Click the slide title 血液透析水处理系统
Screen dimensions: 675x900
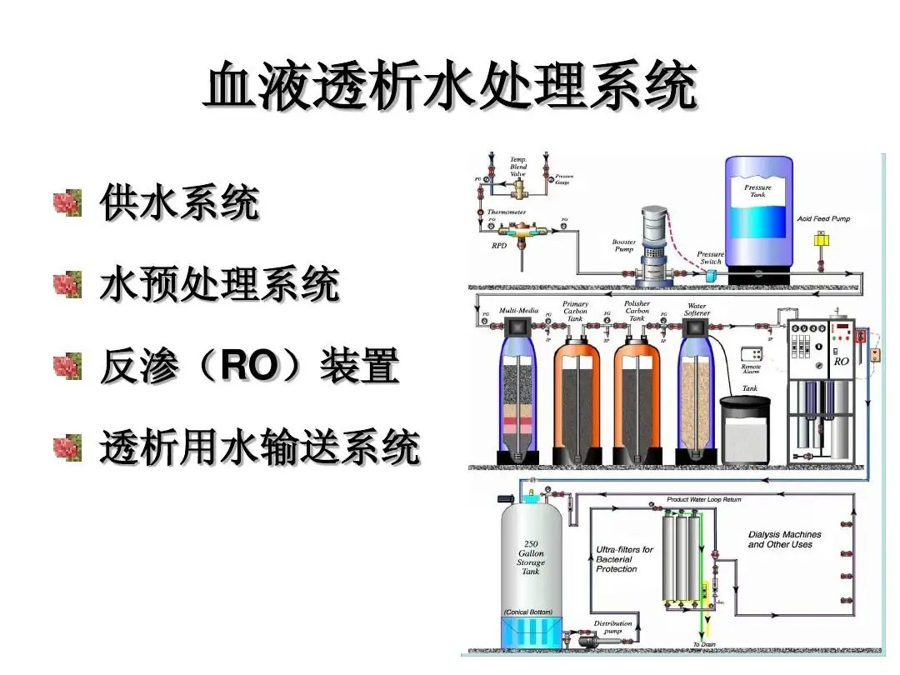click(x=450, y=86)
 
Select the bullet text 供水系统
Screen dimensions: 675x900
click(x=179, y=202)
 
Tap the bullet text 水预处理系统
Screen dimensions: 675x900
click(x=219, y=285)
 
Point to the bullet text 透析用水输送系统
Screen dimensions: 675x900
click(x=259, y=448)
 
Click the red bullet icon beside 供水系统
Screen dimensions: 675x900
click(x=67, y=202)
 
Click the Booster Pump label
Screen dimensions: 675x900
click(x=624, y=245)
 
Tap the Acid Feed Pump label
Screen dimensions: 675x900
click(x=823, y=219)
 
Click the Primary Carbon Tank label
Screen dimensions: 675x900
click(x=575, y=311)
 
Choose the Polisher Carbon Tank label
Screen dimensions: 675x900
click(x=637, y=311)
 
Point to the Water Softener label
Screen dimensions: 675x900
click(x=696, y=310)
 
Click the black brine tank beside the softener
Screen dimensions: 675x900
click(x=744, y=429)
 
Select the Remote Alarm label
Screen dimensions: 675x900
click(x=751, y=369)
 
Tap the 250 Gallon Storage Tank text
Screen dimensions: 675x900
click(x=531, y=557)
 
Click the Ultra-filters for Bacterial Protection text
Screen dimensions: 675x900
click(x=624, y=559)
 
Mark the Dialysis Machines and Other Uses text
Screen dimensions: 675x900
click(x=784, y=539)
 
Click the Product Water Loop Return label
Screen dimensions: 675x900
click(x=704, y=499)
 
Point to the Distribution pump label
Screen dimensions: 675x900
click(x=612, y=627)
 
